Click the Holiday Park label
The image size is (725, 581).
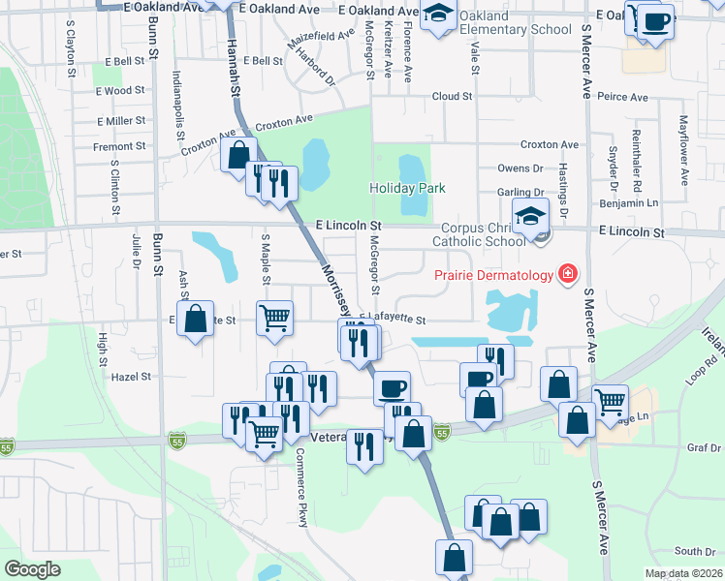tap(406, 188)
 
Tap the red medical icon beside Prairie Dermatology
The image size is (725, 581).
tap(566, 276)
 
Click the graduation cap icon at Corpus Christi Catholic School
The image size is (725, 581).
tap(530, 217)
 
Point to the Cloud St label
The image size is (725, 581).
tap(452, 97)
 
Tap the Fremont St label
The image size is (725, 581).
tap(119, 147)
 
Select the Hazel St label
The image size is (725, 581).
tap(132, 377)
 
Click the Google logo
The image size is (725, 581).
tap(32, 569)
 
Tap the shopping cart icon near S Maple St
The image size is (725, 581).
tap(275, 317)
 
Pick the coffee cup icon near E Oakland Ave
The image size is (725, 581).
tap(656, 21)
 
